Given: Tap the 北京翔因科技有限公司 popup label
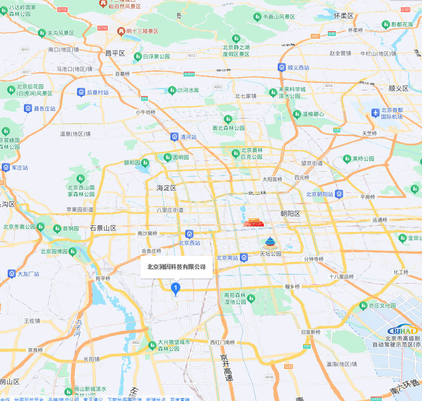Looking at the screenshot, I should tap(176, 267).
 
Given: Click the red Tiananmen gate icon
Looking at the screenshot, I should tap(253, 223).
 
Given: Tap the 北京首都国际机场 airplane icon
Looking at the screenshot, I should tap(375, 113).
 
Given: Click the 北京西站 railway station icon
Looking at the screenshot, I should tap(189, 234).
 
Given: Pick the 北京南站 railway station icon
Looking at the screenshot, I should tap(244, 258).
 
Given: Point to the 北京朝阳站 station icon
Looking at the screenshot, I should tap(339, 194).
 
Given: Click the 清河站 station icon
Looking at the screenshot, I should tap(174, 137).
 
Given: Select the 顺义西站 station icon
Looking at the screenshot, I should tap(282, 68).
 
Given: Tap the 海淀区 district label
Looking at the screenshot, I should tap(166, 188).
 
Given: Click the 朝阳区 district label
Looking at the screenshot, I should tap(290, 214).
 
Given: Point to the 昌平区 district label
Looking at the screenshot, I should tap(115, 53).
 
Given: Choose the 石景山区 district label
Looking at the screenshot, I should tap(103, 228).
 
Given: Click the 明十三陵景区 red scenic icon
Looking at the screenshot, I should tap(120, 31).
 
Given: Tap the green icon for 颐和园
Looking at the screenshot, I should tap(145, 163).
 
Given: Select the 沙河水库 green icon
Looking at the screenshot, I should tap(172, 91).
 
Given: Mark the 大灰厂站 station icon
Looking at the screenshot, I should tap(12, 273).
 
